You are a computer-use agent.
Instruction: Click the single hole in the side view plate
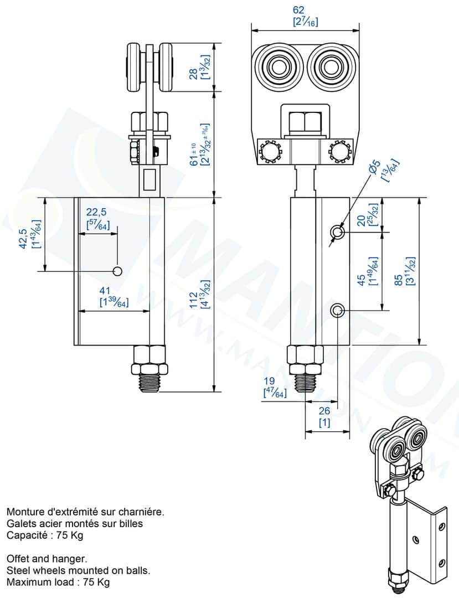[x=117, y=271]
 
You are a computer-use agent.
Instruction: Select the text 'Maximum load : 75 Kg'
[x=58, y=582]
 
